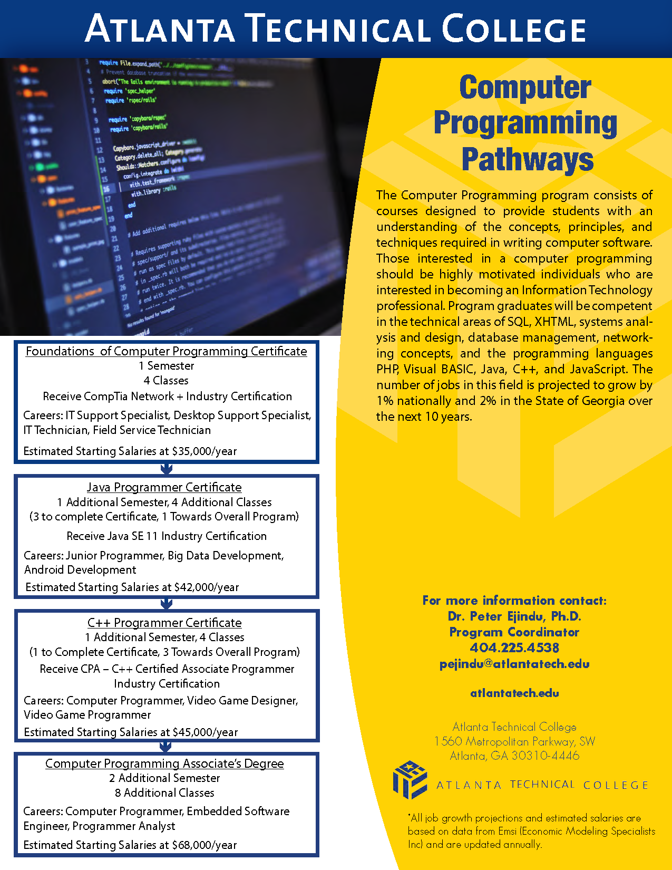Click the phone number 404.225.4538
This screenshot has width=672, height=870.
(x=514, y=647)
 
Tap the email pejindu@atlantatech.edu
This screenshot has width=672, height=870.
(x=514, y=664)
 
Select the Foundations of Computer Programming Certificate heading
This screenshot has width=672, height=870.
(x=166, y=351)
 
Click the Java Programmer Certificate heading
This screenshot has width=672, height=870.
(x=164, y=487)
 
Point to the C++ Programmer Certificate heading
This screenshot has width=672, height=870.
(x=164, y=623)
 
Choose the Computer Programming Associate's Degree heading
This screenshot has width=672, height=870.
(x=164, y=763)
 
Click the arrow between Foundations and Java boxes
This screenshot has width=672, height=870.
(x=166, y=469)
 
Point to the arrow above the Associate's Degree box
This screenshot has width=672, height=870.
(x=165, y=747)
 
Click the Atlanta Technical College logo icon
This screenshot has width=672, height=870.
(x=410, y=780)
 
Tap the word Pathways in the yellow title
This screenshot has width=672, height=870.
(x=527, y=159)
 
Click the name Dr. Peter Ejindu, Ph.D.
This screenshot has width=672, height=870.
(x=514, y=616)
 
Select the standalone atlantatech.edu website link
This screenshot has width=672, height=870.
(x=514, y=693)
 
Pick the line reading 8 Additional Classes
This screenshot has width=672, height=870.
(x=164, y=793)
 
